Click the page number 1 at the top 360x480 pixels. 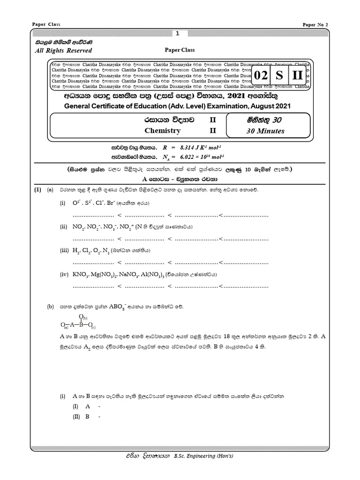pyautogui.click(x=177, y=34)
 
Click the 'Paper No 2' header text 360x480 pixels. pyautogui.click(x=316, y=24)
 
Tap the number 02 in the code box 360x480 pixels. pyautogui.click(x=263, y=75)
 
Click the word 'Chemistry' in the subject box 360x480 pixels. pyautogui.click(x=162, y=131)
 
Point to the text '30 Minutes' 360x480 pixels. pyautogui.click(x=265, y=131)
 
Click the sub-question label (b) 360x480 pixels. pyautogui.click(x=51, y=307)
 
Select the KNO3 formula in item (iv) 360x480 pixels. pyautogui.click(x=80, y=274)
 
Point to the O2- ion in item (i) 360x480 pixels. pyautogui.click(x=76, y=204)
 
